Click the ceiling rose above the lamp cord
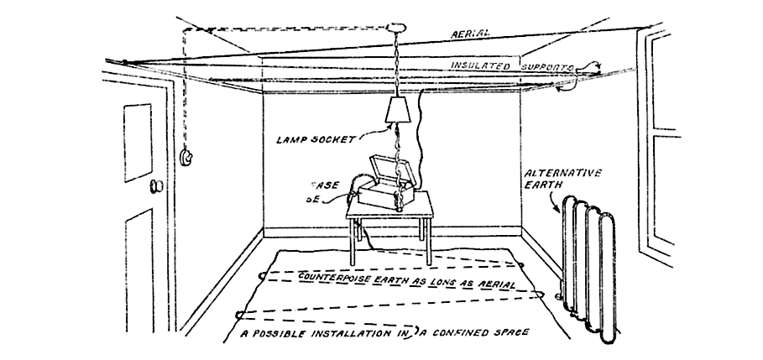[397, 26]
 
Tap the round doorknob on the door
[154, 185]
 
